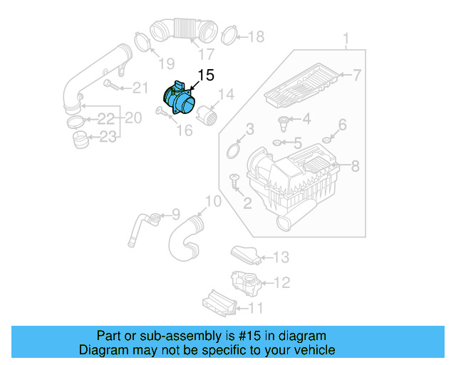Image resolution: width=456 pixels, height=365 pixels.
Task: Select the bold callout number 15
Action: (205, 75)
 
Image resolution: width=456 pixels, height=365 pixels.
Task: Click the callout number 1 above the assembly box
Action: (346, 37)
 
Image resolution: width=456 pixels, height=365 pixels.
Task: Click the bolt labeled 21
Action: (110, 86)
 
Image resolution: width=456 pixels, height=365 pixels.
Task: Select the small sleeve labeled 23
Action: (81, 138)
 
